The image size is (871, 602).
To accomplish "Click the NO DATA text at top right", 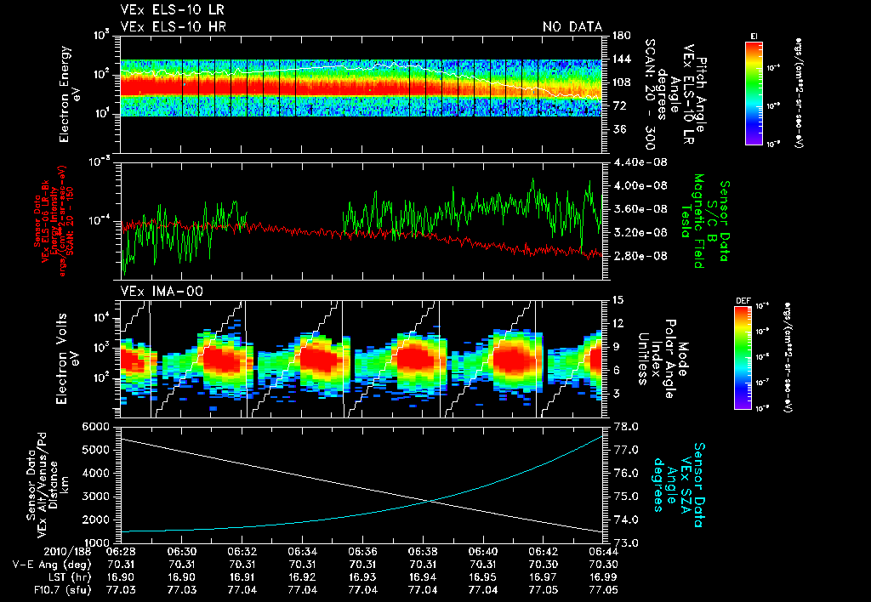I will pos(572,27).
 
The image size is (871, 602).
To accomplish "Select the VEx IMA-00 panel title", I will pos(154,292).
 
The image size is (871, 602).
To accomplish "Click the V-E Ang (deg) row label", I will pos(50,563).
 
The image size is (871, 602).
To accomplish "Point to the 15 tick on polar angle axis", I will pos(618,299).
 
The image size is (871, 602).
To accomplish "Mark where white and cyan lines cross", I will pos(433,501).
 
